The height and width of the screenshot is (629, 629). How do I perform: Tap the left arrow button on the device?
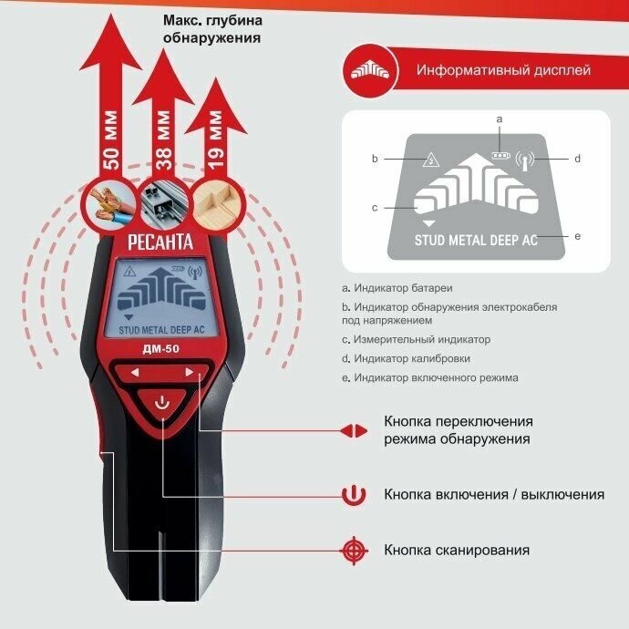(134, 372)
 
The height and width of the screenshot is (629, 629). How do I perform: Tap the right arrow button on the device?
(190, 372)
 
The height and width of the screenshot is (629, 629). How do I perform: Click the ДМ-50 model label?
(162, 348)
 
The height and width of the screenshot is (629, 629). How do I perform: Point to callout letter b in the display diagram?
(374, 159)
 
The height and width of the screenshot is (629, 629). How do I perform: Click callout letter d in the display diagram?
(577, 159)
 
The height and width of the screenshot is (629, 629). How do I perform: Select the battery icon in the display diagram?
(499, 154)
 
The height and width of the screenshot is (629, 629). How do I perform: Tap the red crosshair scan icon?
(353, 550)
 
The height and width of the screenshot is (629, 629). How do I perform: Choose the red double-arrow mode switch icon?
(353, 430)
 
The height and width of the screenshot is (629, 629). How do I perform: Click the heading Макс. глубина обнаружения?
(211, 30)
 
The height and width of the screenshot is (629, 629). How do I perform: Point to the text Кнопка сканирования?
(457, 550)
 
